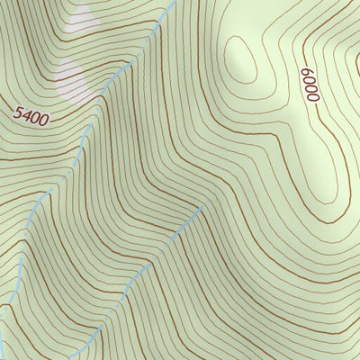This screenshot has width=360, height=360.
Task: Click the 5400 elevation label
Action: (x=31, y=115)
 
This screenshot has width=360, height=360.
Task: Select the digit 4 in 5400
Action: (x=26, y=114)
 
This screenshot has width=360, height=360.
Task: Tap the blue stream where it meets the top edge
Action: (x=172, y=3)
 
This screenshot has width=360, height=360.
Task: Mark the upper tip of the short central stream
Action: (x=205, y=207)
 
